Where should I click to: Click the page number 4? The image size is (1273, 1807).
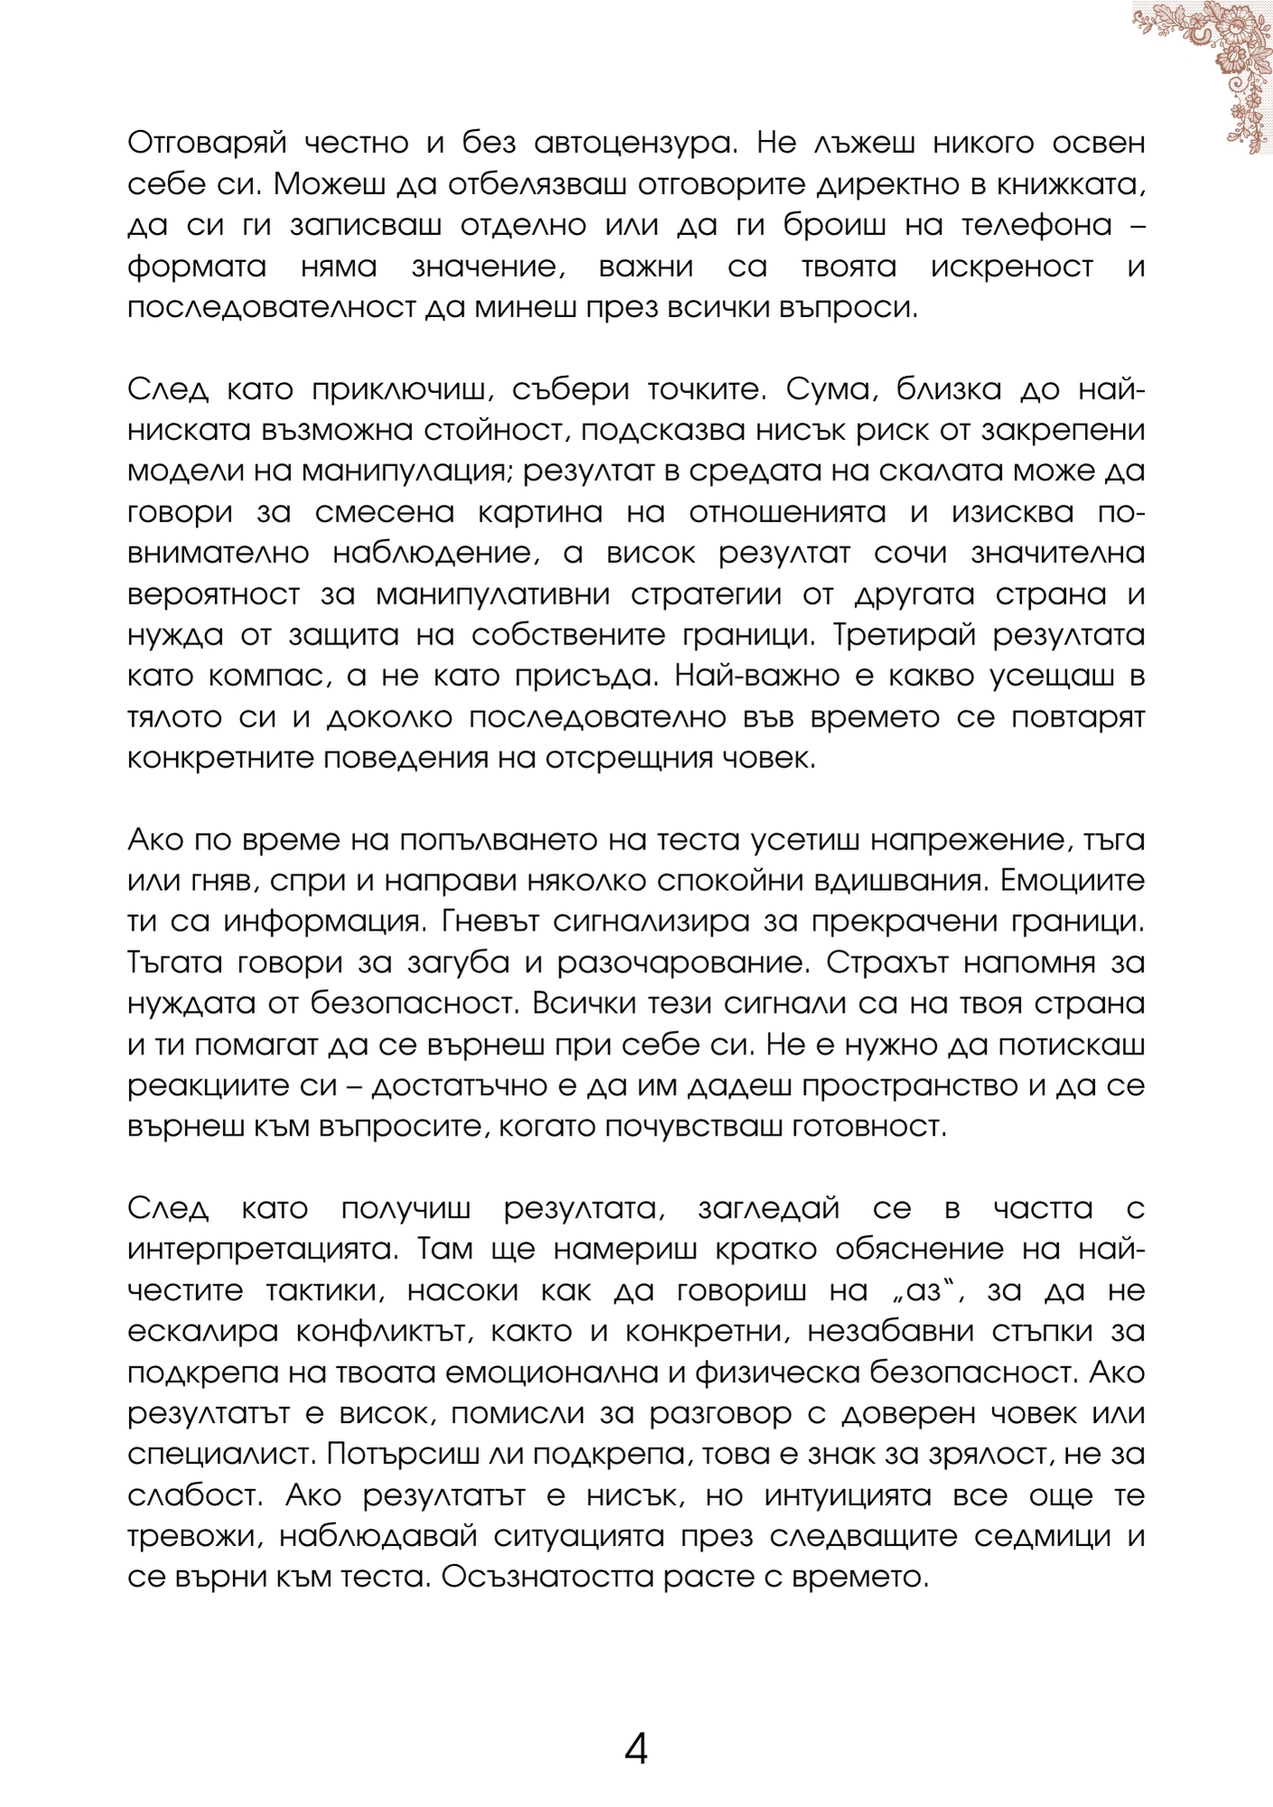(x=636, y=1750)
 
